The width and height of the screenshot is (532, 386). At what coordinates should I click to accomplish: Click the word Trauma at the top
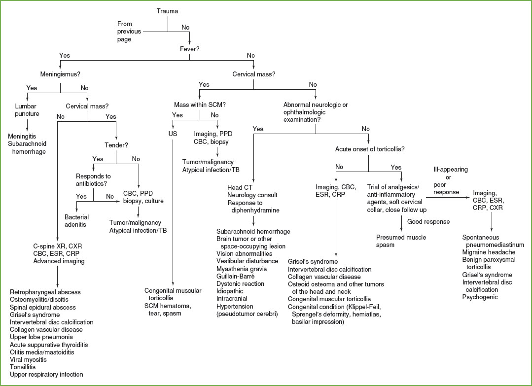(x=168, y=11)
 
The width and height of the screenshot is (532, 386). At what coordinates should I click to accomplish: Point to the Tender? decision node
(x=116, y=146)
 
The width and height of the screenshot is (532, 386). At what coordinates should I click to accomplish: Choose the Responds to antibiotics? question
(x=93, y=179)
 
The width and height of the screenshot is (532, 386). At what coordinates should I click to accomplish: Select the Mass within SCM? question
(x=199, y=105)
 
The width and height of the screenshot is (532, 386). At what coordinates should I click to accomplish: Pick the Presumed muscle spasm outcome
(x=401, y=241)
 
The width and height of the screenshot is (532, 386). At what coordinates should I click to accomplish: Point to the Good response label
(x=428, y=222)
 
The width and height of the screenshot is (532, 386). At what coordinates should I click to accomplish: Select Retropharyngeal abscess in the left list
(x=45, y=292)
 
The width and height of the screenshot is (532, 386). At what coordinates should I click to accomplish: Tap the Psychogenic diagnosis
(x=479, y=297)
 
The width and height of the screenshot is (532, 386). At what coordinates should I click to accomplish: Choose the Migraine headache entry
(x=488, y=252)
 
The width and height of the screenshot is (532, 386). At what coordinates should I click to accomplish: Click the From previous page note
(x=129, y=31)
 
